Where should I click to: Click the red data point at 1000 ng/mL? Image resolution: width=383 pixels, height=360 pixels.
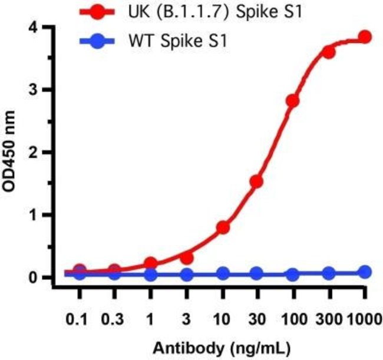coord(365,37)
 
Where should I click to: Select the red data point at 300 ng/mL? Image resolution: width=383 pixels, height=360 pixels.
coord(329,52)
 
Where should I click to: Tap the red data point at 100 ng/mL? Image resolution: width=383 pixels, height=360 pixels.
coord(293,100)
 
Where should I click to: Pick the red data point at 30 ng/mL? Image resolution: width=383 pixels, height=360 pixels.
coord(257,181)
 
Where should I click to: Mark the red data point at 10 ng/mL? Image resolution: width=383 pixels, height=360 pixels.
coord(223,227)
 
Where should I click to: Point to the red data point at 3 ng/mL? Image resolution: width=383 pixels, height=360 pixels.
coord(187,257)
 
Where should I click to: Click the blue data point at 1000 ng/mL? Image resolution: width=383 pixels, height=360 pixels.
coord(365,272)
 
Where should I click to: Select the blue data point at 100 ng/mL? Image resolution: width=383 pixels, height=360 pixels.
coord(293,274)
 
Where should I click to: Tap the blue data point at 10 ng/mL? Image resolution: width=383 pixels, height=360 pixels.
coord(223,273)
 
